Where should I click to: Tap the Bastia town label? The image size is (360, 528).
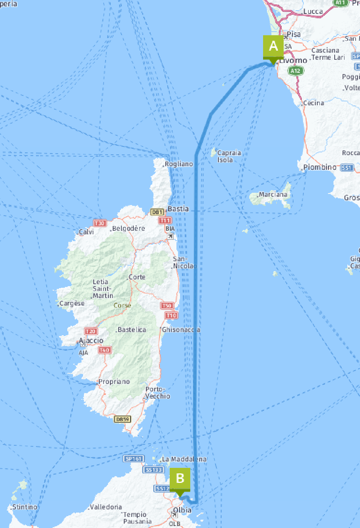pos(178,209)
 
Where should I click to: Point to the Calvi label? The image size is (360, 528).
pos(86,232)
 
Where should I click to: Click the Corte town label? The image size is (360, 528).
pos(137,277)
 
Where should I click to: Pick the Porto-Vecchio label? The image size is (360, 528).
pos(157,393)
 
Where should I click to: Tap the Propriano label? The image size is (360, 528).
pos(114,382)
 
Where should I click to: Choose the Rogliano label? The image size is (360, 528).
pos(179,164)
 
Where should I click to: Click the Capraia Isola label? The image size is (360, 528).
pos(229,156)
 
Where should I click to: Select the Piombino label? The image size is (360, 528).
pos(320,167)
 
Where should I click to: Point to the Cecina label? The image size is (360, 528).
pos(313,103)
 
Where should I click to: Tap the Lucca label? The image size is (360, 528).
pos(313,11)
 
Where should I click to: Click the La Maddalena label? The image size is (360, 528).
pos(184,459)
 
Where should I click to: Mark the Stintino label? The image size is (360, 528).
pos(25,507)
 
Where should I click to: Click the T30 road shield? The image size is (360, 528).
pos(100,223)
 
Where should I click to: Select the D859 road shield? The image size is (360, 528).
pos(122,419)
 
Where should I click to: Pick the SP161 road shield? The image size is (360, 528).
pos(133,459)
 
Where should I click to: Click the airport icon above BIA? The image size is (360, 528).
pos(170,236)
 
